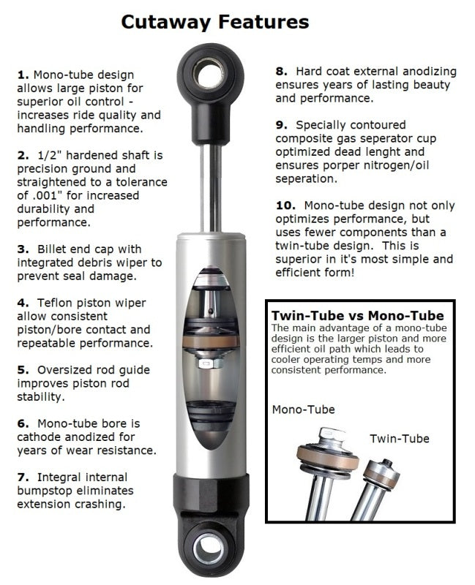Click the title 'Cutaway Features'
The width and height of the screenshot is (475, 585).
point(214,22)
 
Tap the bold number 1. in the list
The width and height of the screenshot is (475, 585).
point(23,75)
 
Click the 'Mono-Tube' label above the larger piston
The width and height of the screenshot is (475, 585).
point(303,409)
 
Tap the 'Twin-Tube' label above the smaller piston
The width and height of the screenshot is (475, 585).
point(399,438)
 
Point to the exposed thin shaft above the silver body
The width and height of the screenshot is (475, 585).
point(215,183)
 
